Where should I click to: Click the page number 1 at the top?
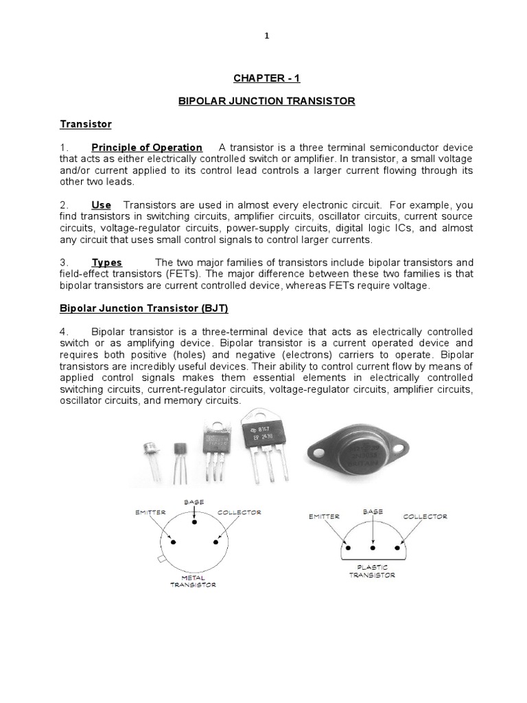pos(267,36)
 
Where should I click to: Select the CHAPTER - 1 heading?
pos(263,78)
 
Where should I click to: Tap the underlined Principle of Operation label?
pos(147,148)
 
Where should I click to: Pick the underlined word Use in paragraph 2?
pos(102,205)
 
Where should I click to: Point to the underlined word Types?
pos(107,263)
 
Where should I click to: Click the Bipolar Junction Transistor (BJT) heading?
pos(143,309)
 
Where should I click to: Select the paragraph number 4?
pos(63,332)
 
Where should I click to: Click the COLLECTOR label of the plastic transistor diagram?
pos(425,516)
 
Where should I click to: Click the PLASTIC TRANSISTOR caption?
pos(372,571)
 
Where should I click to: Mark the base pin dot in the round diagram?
pos(195,523)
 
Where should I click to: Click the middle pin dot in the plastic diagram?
pos(373,549)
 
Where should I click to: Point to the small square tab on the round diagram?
pos(162,560)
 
